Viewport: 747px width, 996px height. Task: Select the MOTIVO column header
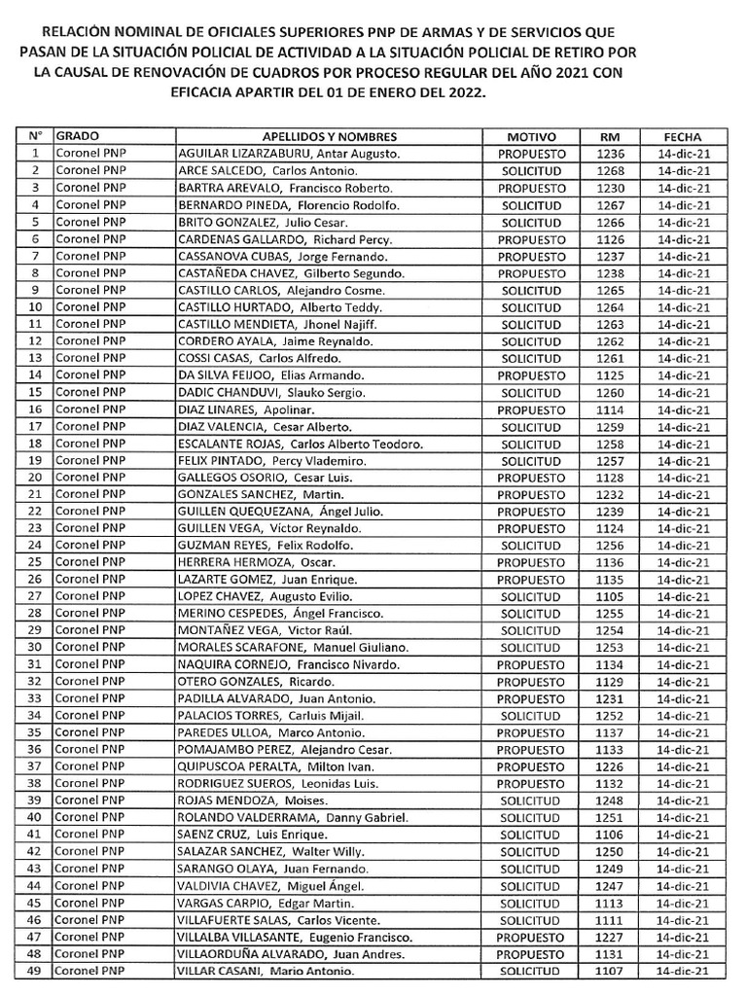pos(532,137)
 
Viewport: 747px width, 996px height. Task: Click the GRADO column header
pos(78,136)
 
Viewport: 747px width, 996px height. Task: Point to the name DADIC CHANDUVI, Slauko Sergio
pos(271,392)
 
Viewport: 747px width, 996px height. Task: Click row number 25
pos(35,562)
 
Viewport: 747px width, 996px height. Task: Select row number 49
pos(35,971)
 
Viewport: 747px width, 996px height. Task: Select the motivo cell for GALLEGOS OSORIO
pos(531,477)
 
